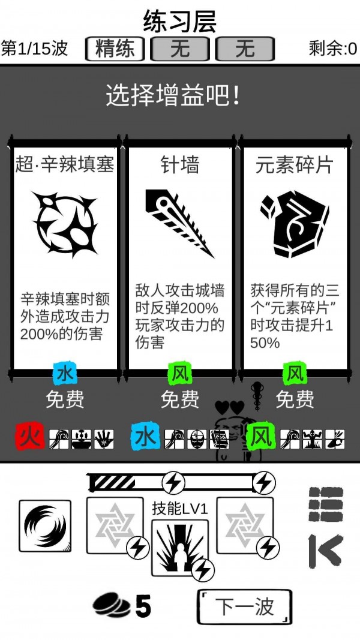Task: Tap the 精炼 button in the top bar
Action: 115,49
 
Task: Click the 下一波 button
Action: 244,606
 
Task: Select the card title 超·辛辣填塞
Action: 65,164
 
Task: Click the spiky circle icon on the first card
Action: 65,223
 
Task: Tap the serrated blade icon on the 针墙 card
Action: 179,223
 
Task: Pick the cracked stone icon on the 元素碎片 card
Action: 295,223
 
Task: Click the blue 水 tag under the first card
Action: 65,374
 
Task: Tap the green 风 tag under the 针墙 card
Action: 179,374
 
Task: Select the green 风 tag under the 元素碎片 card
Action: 295,374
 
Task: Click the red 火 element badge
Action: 30,437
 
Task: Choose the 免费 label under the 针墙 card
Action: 179,399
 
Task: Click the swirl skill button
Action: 45,526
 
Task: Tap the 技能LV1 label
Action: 179,509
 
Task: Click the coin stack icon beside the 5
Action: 112,606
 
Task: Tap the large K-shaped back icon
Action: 325,551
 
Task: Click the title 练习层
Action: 179,22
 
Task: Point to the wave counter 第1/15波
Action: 35,49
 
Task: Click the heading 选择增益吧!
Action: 174,96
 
